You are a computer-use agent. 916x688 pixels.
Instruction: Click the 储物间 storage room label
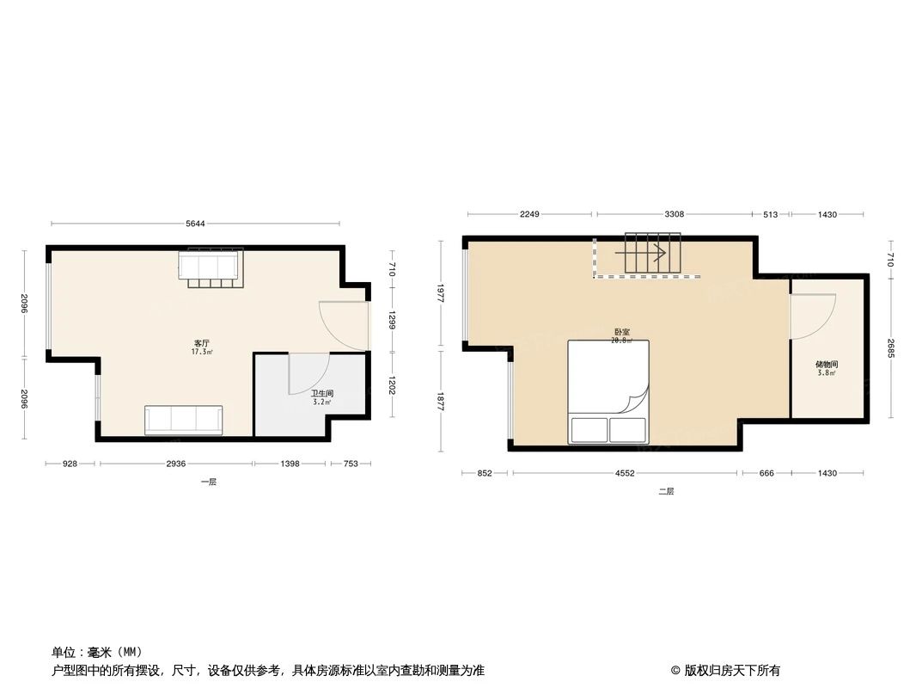point(827,365)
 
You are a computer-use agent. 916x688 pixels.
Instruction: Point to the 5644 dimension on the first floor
point(196,224)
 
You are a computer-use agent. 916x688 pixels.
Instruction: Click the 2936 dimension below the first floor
point(175,464)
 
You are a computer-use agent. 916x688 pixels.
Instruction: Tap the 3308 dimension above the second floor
point(674,214)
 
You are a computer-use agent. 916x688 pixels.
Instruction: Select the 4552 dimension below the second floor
point(625,473)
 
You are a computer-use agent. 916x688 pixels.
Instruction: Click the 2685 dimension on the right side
point(891,346)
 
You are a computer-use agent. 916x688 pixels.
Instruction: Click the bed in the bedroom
point(608,391)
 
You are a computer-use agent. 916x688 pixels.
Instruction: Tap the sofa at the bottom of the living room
point(184,420)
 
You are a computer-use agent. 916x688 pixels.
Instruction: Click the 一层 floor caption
point(209,482)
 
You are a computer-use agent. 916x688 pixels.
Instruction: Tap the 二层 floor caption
point(667,492)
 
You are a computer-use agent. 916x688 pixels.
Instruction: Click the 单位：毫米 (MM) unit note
point(96,652)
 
